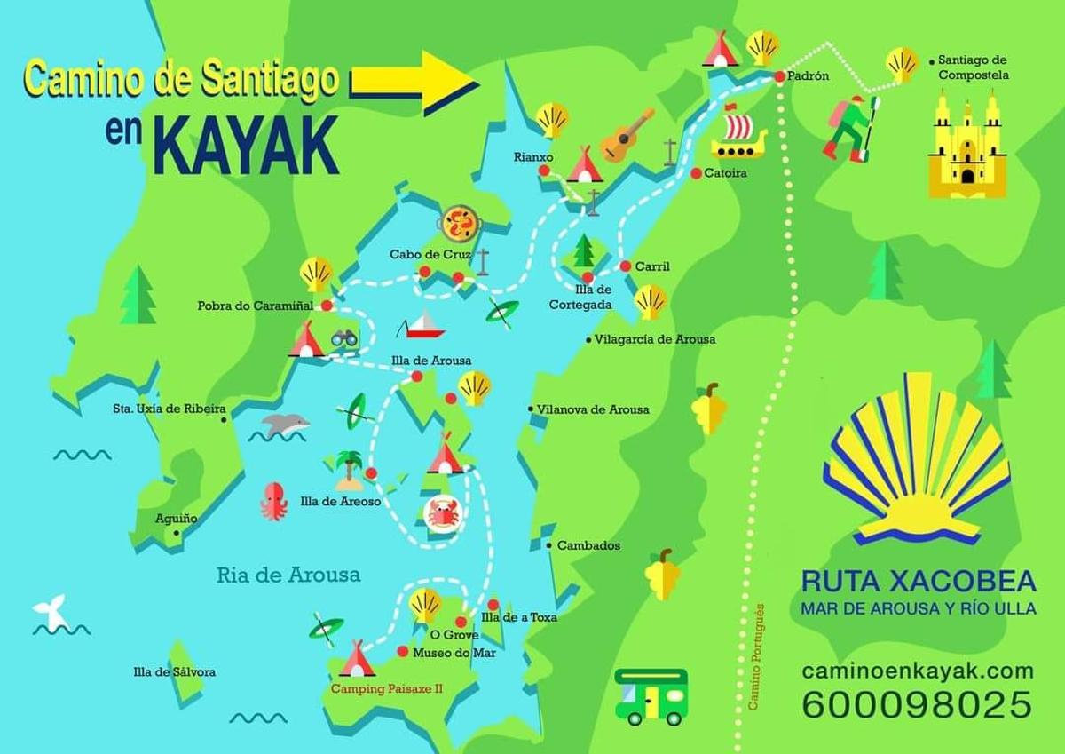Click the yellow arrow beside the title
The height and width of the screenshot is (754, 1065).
(x=415, y=83)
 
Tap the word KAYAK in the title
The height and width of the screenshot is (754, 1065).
(x=248, y=145)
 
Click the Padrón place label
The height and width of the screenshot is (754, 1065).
(x=808, y=76)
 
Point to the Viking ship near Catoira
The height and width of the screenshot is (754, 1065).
(x=738, y=133)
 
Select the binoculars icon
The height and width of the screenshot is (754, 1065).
(x=345, y=337)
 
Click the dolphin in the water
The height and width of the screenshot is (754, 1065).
(x=283, y=425)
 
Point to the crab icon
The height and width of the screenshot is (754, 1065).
(x=442, y=513)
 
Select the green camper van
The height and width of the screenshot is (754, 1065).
(x=651, y=695)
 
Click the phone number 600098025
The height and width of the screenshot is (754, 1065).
(x=917, y=705)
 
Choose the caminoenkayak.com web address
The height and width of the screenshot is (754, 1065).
(x=918, y=671)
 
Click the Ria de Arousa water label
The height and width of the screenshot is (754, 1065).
(x=288, y=575)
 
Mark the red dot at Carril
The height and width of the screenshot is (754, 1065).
(x=625, y=266)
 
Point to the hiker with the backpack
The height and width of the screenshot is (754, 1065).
(x=850, y=127)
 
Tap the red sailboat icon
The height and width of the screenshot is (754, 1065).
(x=420, y=326)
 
